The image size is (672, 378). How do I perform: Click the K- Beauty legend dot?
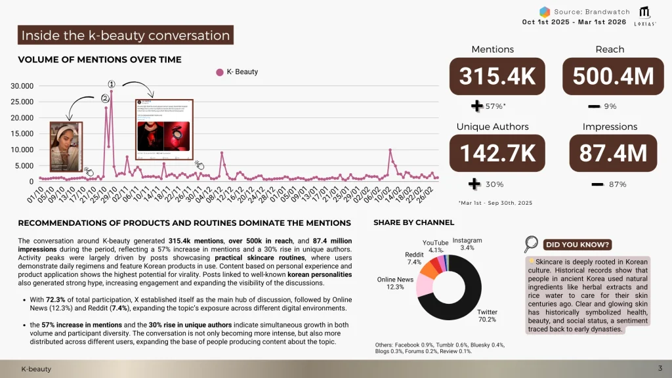pos(220,72)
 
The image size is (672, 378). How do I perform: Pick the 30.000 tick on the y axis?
pos(23,86)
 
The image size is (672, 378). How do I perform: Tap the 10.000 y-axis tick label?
pos(23,150)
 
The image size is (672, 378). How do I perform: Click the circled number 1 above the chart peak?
pos(112,85)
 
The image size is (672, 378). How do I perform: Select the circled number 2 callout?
pos(105,98)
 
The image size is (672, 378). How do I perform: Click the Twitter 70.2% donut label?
pos(486,316)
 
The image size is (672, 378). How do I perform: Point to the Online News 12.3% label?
pos(395,283)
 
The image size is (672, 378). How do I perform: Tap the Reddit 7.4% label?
pos(413,258)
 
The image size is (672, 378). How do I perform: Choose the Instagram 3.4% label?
pos(467,244)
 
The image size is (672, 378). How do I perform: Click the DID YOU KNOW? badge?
pos(577,245)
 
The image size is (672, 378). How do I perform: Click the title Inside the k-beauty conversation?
pos(125,35)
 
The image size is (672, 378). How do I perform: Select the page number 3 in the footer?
pos(660,367)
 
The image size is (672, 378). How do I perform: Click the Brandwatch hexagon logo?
pos(544,12)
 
